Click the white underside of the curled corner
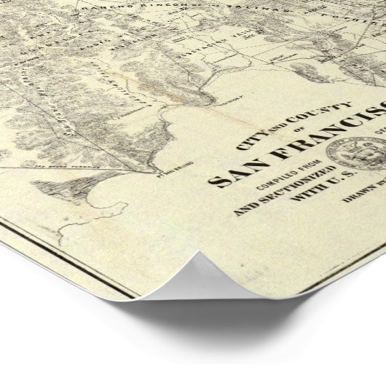(218, 288)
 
